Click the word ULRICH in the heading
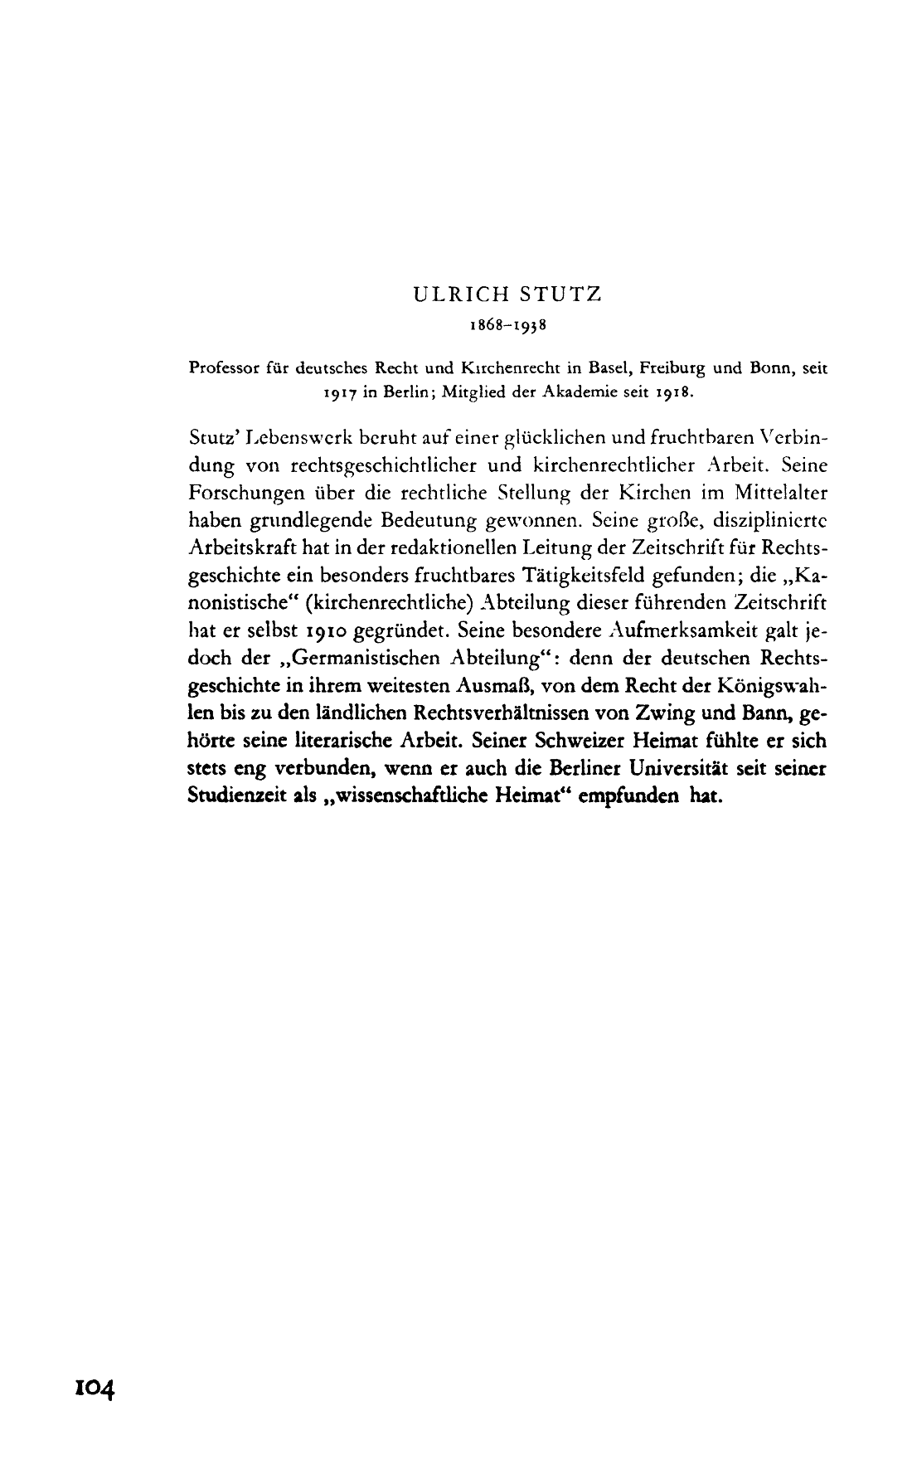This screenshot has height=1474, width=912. tap(453, 295)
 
